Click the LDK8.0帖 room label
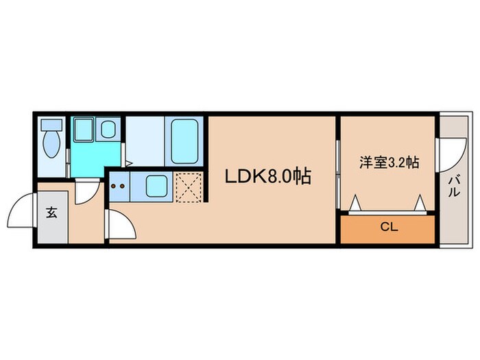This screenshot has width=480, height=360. coord(269,177)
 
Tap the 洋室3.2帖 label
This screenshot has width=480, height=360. coord(389,163)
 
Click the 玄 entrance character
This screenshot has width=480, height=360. coord(52,212)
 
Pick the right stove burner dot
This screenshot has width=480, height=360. coord(123,186)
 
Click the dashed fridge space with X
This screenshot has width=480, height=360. coord(189,187)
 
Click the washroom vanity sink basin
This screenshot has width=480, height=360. coord(108,128)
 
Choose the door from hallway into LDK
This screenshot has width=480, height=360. coord(117,223)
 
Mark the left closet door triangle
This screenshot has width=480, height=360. coord(356,204)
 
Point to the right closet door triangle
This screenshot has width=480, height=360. coord(420,204)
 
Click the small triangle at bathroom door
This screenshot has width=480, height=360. coord(129,163)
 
